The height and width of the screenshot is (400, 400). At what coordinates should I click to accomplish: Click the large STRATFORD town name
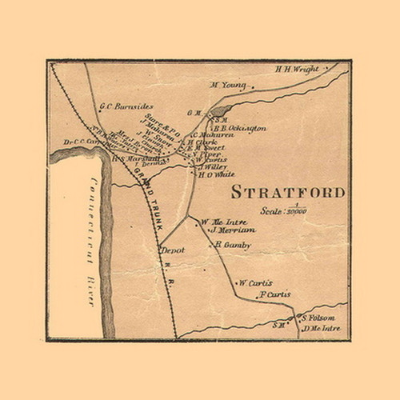pyautogui.click(x=288, y=193)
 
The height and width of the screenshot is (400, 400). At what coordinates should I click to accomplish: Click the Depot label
pyautogui.click(x=172, y=250)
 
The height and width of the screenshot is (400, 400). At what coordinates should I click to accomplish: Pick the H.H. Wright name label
pyautogui.click(x=296, y=69)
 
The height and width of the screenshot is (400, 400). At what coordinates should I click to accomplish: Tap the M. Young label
pyautogui.click(x=227, y=85)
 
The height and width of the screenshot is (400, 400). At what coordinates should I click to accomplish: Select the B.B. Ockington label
pyautogui.click(x=239, y=127)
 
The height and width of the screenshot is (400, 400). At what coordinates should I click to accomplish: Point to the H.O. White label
pyautogui.click(x=216, y=174)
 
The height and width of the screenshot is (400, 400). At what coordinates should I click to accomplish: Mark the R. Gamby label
pyautogui.click(x=233, y=246)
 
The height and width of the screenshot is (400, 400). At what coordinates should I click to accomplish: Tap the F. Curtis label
pyautogui.click(x=274, y=294)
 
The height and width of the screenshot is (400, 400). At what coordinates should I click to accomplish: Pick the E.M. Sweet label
pyautogui.click(x=206, y=148)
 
